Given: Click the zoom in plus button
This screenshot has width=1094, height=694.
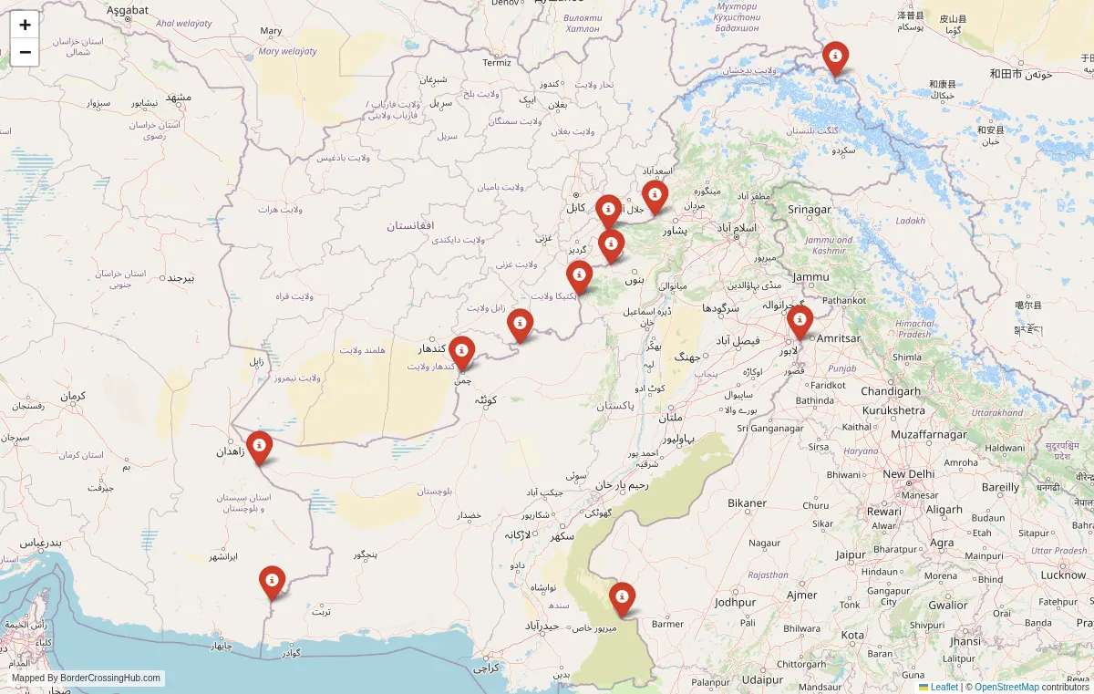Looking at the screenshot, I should coord(25,25).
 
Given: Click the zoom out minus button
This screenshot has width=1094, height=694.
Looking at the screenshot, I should coord(25,52).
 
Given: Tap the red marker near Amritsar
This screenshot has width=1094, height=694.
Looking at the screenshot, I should coord(800,321).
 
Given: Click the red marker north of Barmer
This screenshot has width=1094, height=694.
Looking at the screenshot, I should coord(622,598).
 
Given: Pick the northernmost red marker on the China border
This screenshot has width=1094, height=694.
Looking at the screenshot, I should coord(835,57).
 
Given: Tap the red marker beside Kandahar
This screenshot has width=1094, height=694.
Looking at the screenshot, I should coord(461,352).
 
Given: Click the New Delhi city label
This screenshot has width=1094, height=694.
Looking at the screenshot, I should coord(908,474).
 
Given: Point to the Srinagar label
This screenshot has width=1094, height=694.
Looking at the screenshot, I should coord(810,210).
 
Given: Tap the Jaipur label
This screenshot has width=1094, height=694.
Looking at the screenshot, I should coord(851,554).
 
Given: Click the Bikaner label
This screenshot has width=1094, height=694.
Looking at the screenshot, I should coord(747,503).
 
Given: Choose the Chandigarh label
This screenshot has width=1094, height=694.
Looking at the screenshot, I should coord(890,391).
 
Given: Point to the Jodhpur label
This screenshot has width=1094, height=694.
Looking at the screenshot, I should coord(736,603).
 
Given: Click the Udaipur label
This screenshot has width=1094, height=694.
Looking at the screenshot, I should coord(763,679).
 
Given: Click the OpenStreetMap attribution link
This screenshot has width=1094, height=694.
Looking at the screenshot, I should coord(1006,687).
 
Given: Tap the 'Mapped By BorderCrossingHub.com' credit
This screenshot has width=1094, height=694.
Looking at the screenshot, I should coord(87,678).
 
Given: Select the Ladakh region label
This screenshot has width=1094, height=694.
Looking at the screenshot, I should coord(910,221).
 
